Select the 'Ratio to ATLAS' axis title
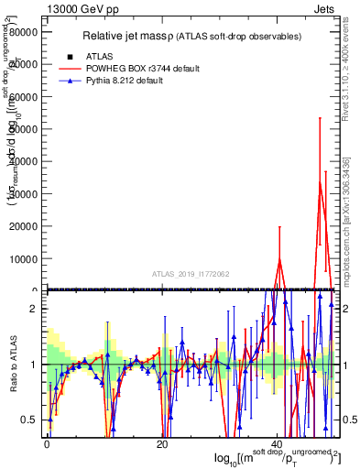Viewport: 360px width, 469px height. click(x=13, y=365)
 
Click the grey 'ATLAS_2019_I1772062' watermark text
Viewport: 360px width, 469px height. click(x=191, y=274)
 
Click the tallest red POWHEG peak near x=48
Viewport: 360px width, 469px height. click(x=320, y=182)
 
